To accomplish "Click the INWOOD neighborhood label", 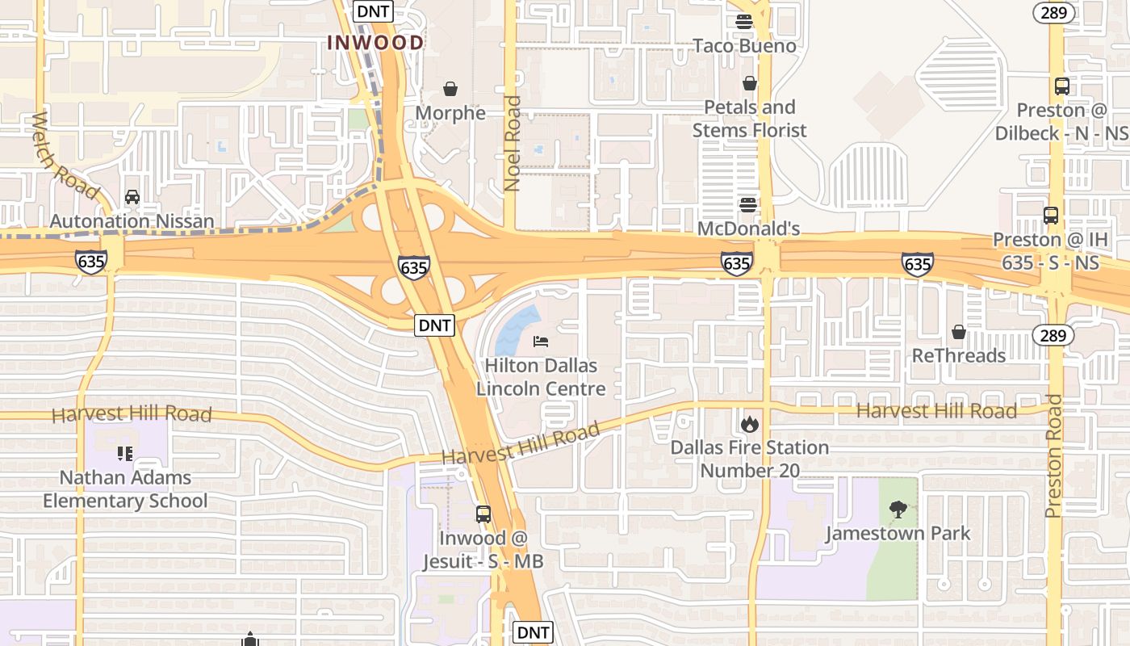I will pyautogui.click(x=375, y=43).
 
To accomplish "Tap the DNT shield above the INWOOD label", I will pyautogui.click(x=373, y=10).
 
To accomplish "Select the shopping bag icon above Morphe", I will pyautogui.click(x=450, y=88).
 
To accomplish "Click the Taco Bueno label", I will pyautogui.click(x=744, y=46).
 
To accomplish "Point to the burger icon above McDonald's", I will pyautogui.click(x=748, y=204).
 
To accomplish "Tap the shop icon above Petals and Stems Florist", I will pyautogui.click(x=750, y=83).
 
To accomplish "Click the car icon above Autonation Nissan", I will pyautogui.click(x=132, y=196).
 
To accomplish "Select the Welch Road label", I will pyautogui.click(x=64, y=157).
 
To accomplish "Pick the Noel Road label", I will pyautogui.click(x=513, y=144).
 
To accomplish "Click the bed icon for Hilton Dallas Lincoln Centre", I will pyautogui.click(x=541, y=342).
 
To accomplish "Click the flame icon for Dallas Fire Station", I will pyautogui.click(x=750, y=423).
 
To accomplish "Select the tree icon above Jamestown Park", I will pyautogui.click(x=898, y=510).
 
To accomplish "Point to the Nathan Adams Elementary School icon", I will pyautogui.click(x=125, y=453).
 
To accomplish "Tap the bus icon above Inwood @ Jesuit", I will pyautogui.click(x=483, y=514).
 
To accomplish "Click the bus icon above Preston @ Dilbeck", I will pyautogui.click(x=1062, y=86).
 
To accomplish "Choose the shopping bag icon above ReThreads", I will pyautogui.click(x=959, y=332).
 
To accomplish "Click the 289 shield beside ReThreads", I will pyautogui.click(x=1053, y=335).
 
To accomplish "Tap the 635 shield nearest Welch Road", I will pyautogui.click(x=91, y=262).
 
